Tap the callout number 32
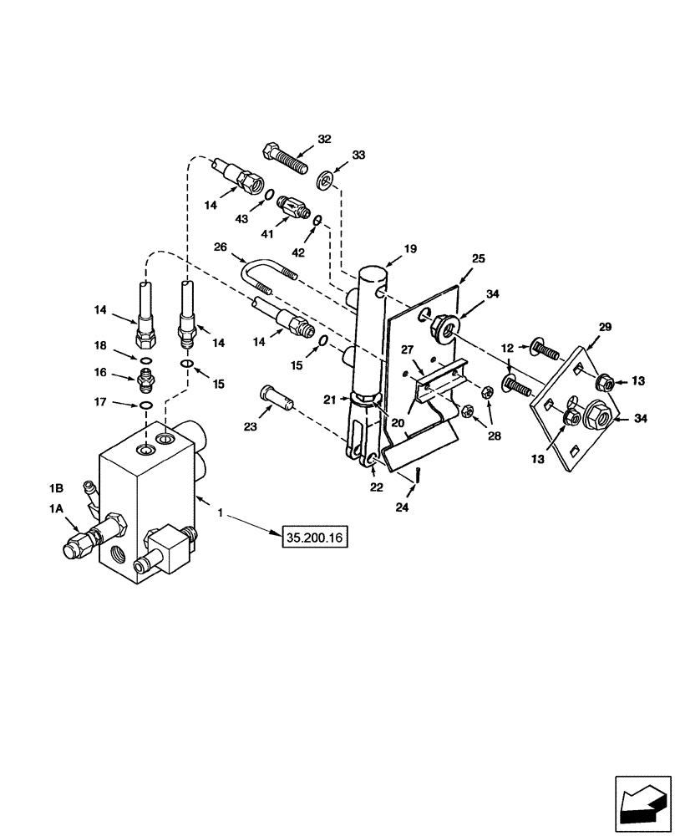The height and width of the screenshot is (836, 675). [x=324, y=139]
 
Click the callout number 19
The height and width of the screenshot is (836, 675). [x=411, y=248]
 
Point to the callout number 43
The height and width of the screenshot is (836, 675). [x=242, y=219]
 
